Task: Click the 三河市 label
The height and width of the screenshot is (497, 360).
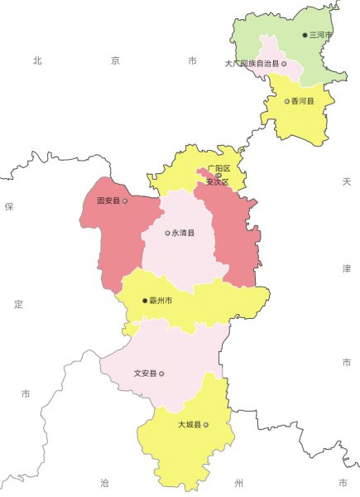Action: [x=321, y=35]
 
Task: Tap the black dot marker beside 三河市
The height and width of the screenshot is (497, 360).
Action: [x=305, y=35]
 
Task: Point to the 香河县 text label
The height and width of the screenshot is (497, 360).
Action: [x=303, y=101]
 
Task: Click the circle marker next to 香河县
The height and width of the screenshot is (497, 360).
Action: [x=287, y=101]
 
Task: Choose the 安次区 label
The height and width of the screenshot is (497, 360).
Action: [x=217, y=181]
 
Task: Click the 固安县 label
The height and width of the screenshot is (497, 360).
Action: [x=108, y=200]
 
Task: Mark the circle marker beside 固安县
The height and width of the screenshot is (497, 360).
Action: [x=125, y=200]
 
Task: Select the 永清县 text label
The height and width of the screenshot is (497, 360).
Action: [x=184, y=234]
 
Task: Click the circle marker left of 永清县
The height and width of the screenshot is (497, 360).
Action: [x=167, y=234]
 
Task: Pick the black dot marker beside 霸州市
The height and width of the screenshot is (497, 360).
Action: [x=144, y=301]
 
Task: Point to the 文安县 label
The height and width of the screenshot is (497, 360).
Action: [x=145, y=374]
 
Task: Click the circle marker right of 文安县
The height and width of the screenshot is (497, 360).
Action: [x=161, y=374]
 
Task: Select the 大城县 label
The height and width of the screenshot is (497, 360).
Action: [x=190, y=425]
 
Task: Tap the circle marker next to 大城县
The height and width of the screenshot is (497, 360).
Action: [x=206, y=425]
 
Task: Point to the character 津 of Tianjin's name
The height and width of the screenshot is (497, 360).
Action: [x=347, y=269]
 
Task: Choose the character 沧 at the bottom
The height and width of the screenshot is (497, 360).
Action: [x=104, y=482]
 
